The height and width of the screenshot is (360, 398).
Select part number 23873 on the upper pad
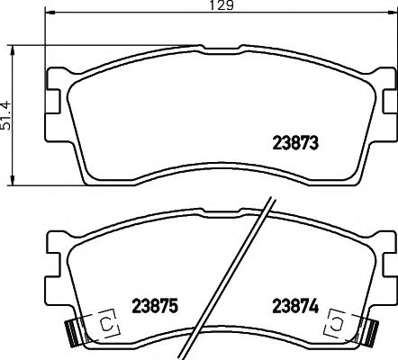click(297, 141)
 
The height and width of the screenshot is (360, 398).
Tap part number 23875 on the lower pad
click(156, 306)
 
